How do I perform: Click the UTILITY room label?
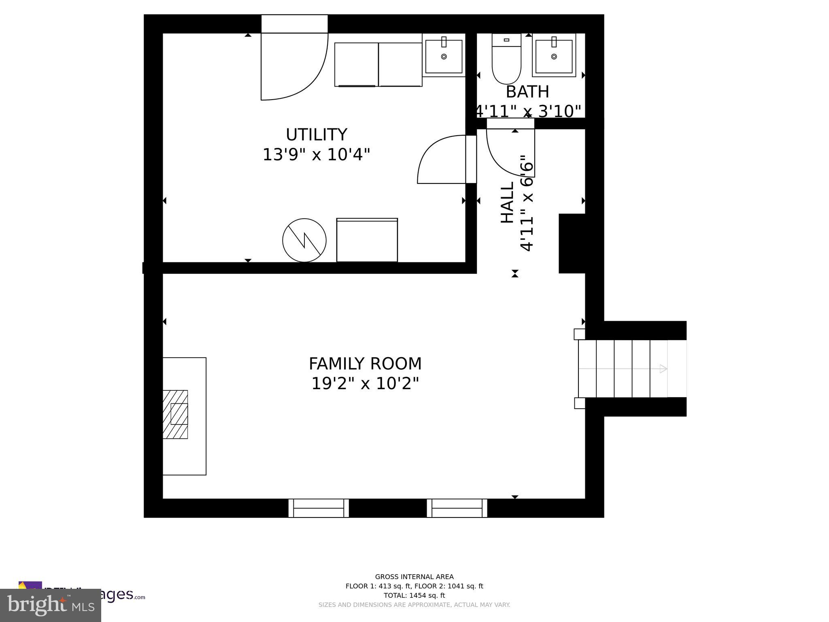click(316, 134)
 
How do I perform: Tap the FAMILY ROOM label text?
click(365, 364)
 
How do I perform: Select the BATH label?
click(527, 92)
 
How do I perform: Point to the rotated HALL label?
click(507, 202)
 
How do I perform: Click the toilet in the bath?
click(506, 61)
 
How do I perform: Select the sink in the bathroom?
click(554, 56)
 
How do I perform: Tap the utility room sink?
click(444, 56)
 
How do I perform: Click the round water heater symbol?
click(304, 240)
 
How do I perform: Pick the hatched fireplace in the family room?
click(175, 414)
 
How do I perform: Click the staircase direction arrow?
click(663, 369)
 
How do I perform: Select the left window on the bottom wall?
click(319, 508)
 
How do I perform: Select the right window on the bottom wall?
click(457, 508)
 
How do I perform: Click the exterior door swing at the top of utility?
click(294, 67)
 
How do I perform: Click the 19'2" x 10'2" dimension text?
click(365, 383)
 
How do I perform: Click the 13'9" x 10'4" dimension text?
click(316, 155)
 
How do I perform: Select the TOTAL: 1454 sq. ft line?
click(414, 595)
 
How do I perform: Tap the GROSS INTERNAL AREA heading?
click(414, 577)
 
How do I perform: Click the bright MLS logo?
click(51, 605)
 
